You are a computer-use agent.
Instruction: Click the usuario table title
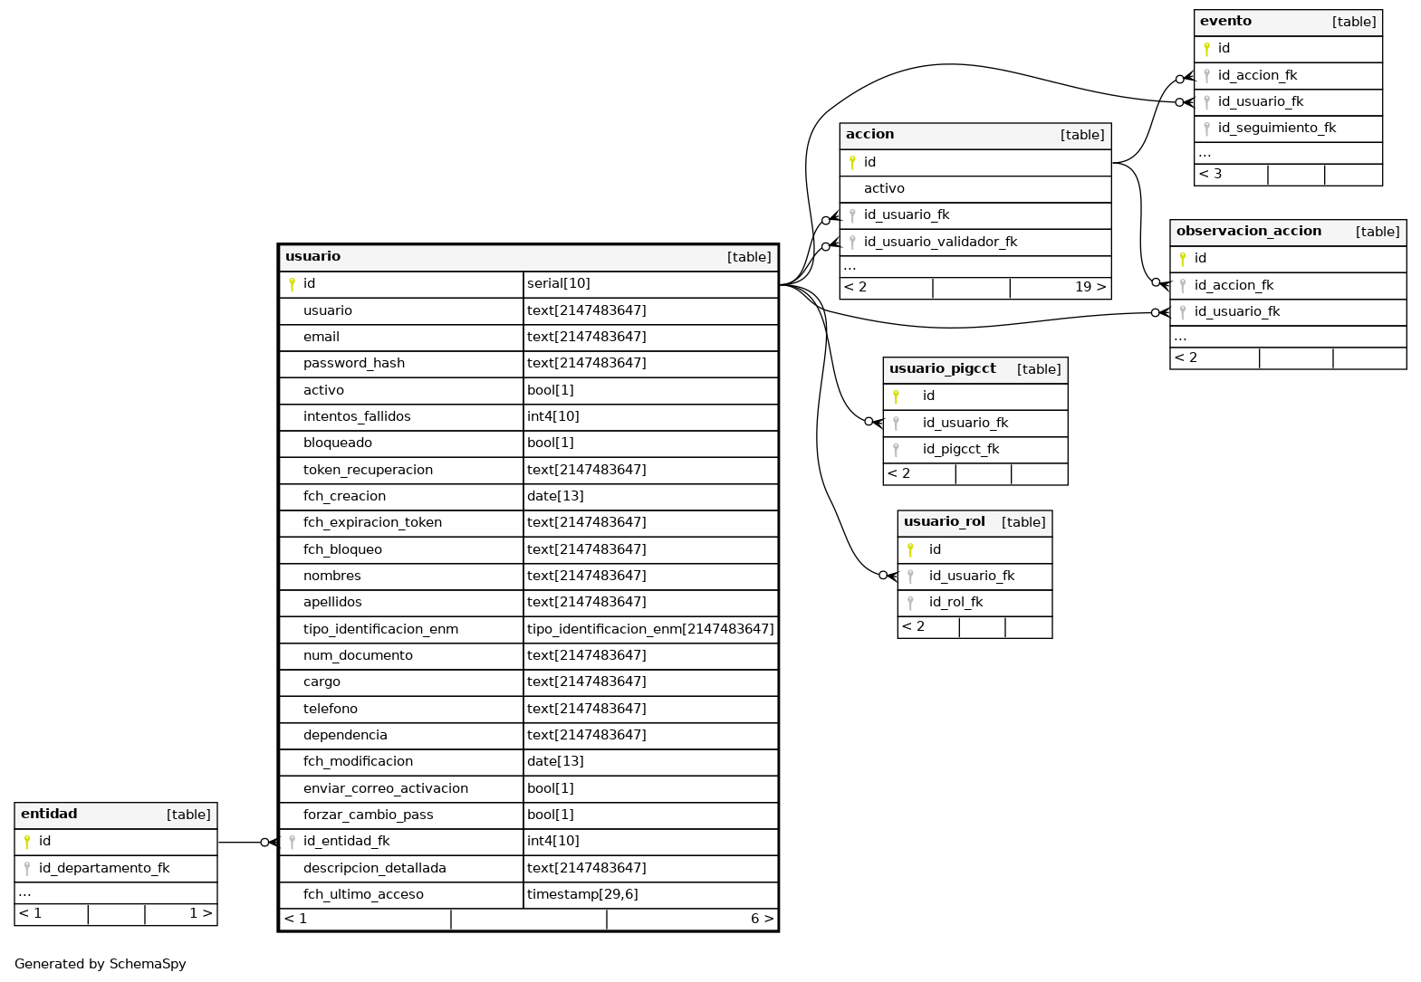click(x=312, y=257)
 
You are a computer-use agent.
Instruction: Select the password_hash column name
click(x=354, y=364)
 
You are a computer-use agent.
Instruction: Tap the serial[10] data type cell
click(x=558, y=284)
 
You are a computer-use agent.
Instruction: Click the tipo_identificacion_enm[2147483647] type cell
click(x=650, y=630)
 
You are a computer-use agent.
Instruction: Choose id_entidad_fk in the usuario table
click(x=346, y=842)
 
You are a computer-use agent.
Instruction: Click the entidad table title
click(x=49, y=814)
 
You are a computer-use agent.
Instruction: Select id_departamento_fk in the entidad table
click(x=104, y=869)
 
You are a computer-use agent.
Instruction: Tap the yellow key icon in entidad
click(x=26, y=842)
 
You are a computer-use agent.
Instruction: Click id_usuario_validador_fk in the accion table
click(x=940, y=243)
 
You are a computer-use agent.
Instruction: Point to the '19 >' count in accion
click(x=1090, y=287)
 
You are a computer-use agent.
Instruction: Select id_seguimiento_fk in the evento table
click(x=1277, y=129)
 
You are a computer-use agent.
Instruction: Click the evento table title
click(x=1225, y=22)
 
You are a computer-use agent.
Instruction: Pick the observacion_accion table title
click(x=1248, y=232)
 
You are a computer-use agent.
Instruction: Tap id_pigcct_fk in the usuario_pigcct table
click(x=960, y=450)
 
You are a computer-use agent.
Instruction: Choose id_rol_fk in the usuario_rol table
click(x=955, y=603)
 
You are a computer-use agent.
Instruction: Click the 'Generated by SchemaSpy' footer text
click(x=101, y=964)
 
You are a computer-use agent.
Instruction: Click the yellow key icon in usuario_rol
click(x=910, y=549)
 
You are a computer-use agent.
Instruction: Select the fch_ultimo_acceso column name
click(x=363, y=895)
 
